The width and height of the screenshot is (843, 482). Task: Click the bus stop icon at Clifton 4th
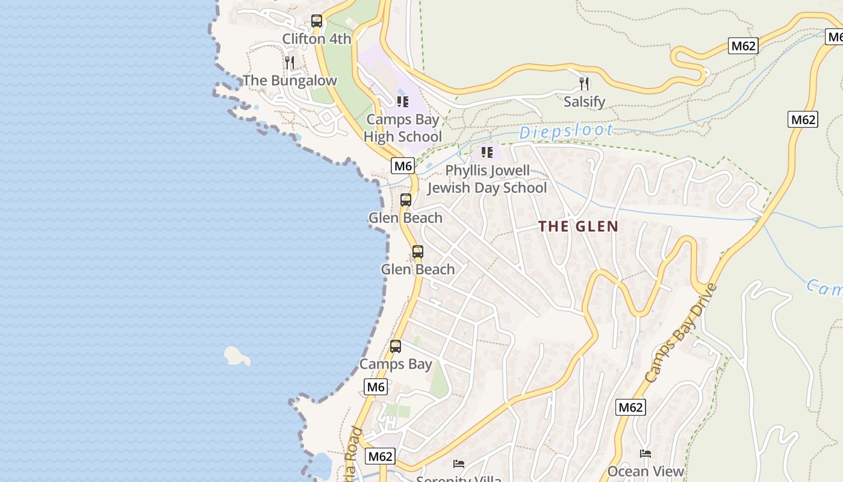[x=317, y=21]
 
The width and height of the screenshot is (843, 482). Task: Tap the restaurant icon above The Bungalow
[x=290, y=62]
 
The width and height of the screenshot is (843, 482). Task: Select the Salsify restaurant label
[x=584, y=101]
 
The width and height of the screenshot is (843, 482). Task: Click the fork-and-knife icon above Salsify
[x=584, y=83]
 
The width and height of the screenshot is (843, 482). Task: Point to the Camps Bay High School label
[x=403, y=128]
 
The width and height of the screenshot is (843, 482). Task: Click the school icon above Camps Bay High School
[x=403, y=101]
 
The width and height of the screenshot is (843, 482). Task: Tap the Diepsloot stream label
[x=566, y=131]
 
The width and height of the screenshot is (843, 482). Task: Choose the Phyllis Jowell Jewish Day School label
[x=487, y=179]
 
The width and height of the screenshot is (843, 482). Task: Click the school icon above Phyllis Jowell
[x=487, y=152]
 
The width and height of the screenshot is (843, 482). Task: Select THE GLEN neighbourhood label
[x=578, y=227]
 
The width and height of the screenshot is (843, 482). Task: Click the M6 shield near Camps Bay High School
[x=403, y=166]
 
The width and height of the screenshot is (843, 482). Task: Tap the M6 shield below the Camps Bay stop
[x=376, y=387]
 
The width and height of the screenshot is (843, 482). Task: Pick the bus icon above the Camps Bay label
[x=396, y=346]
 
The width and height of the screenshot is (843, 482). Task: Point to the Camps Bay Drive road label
[x=680, y=333]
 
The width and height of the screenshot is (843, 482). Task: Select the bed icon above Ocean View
[x=645, y=453]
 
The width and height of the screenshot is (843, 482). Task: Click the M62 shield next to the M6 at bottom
[x=381, y=456]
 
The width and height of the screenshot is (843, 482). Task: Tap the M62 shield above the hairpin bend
[x=742, y=46]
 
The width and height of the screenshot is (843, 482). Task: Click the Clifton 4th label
[x=317, y=39]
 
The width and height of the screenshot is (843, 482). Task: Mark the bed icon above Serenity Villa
[x=459, y=463]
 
